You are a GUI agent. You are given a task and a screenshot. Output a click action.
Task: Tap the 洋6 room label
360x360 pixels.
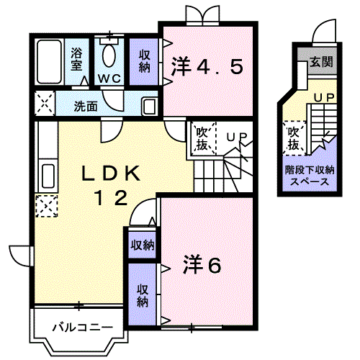tap(204, 265)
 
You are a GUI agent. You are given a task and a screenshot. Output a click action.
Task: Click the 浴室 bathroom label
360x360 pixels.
tap(76, 60)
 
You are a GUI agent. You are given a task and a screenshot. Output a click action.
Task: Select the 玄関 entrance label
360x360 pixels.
tap(322, 62)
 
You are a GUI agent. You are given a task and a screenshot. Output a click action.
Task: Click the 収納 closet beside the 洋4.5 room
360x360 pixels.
tap(145, 60)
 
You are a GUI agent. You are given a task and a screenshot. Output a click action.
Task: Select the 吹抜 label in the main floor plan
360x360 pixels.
tap(202, 139)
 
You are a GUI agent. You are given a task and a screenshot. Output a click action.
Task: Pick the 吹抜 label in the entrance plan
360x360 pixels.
tap(293, 138)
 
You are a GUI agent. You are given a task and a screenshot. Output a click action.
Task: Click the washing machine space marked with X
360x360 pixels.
tap(44, 104)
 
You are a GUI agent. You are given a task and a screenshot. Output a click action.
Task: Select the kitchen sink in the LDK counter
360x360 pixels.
tap(47, 174)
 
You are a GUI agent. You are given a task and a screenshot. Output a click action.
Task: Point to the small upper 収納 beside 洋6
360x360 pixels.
tap(142, 244)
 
